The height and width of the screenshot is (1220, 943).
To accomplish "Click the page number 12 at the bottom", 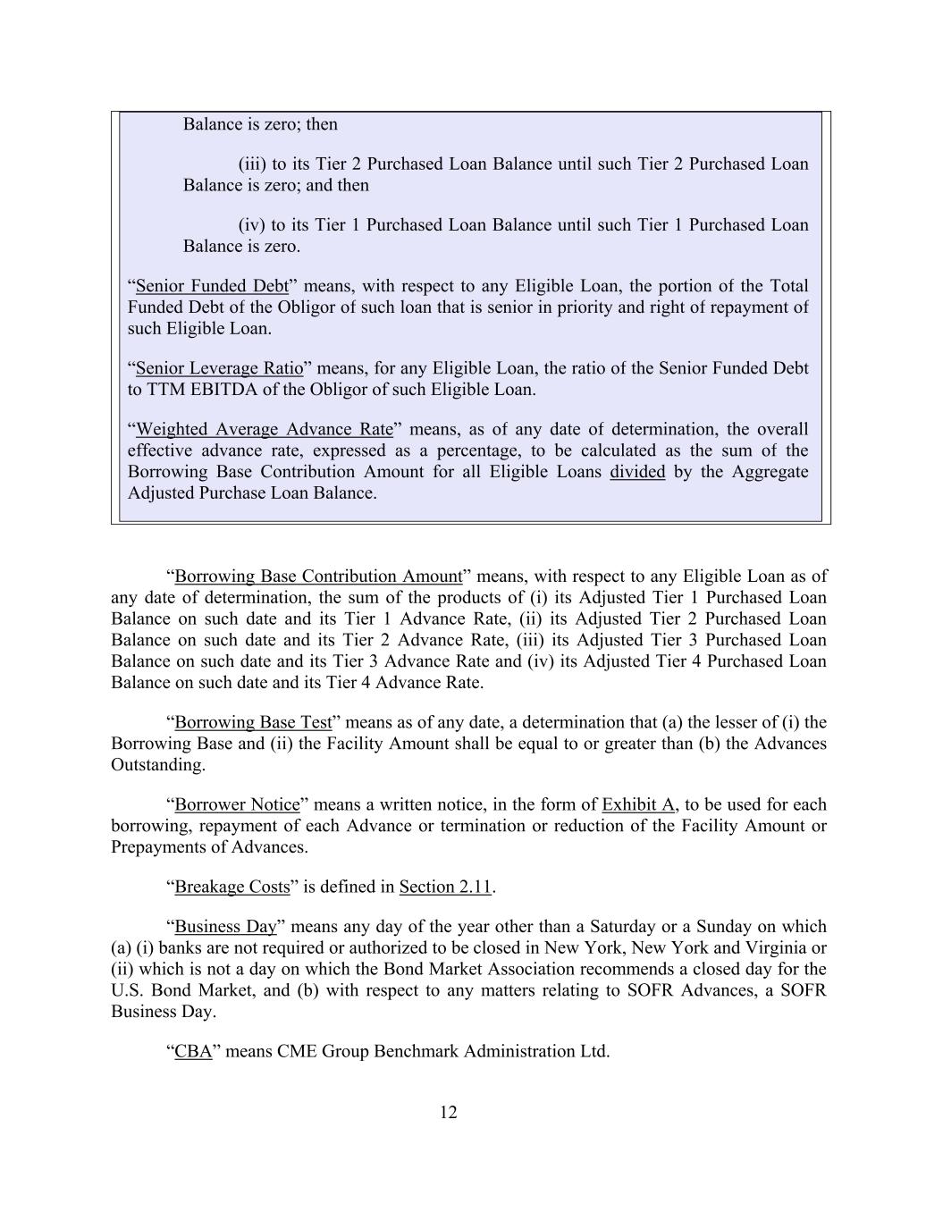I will (449, 1112).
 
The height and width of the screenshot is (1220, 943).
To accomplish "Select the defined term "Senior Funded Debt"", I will (212, 286).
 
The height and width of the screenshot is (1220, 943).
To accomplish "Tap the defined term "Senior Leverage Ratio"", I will (219, 368).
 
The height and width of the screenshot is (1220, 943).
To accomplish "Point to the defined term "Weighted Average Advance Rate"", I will (264, 429).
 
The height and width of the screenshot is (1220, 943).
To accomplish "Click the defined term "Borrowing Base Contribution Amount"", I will (318, 576).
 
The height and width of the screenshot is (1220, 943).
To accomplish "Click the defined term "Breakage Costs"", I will (232, 887).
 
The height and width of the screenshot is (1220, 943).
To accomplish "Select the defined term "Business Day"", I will (225, 927).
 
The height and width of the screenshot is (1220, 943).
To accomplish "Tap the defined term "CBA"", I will (193, 1051).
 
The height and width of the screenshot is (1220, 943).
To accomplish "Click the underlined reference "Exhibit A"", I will (638, 804).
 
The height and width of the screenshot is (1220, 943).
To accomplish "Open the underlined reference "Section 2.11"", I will (445, 887).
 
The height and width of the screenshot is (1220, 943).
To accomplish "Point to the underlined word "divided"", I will (637, 472).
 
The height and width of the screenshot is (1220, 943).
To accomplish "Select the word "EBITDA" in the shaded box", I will (221, 390).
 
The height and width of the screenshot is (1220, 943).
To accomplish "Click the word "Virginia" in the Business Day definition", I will (793, 947).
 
